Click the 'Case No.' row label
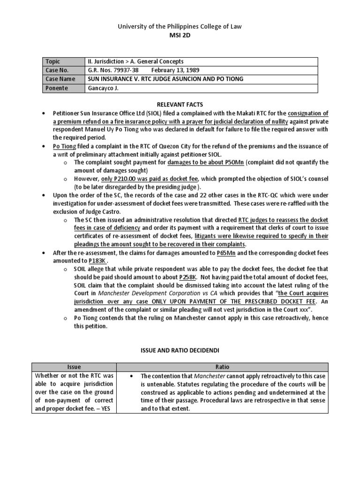point(56,70)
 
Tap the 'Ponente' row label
point(57,88)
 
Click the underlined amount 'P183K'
point(98,261)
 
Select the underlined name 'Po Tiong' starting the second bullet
point(63,146)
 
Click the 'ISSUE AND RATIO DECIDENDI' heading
point(180,349)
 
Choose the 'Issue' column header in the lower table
point(74,367)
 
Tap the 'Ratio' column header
point(222,367)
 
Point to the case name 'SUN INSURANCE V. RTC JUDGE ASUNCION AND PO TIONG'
point(165,79)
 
